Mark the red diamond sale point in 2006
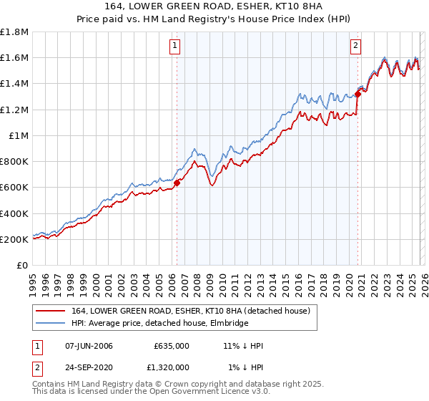point(177,183)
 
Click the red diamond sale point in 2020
point(357,93)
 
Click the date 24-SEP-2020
point(89,367)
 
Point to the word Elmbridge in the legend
point(227,324)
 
